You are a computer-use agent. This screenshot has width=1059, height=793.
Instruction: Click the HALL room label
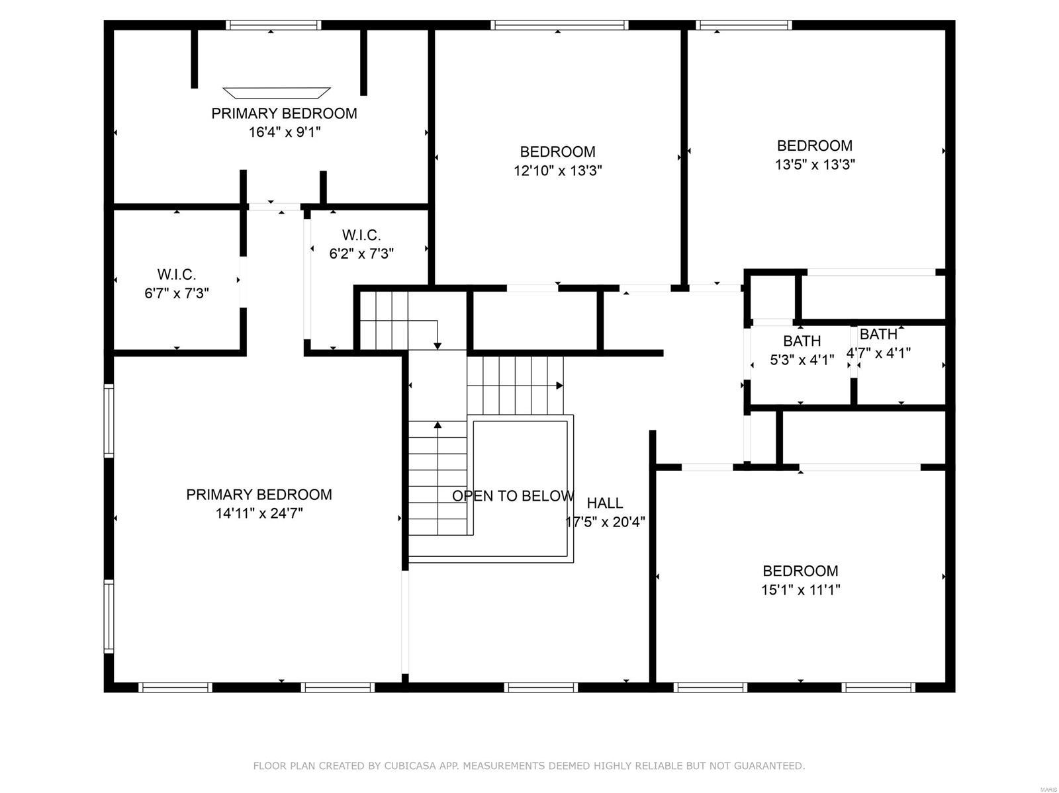click(604, 503)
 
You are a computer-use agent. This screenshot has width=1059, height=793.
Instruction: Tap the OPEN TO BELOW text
click(513, 496)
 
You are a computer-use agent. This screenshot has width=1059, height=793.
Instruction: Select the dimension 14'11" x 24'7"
click(259, 513)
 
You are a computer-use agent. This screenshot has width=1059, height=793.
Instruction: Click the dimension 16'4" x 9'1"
click(284, 132)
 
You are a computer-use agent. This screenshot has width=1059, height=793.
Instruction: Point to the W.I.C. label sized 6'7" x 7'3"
click(176, 274)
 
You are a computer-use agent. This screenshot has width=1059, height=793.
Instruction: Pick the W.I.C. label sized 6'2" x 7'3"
click(361, 235)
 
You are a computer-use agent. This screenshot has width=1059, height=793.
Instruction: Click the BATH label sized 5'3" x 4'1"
click(802, 341)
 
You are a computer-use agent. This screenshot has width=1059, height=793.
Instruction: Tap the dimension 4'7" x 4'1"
click(879, 353)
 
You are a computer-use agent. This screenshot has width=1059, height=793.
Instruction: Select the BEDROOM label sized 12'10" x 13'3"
click(557, 151)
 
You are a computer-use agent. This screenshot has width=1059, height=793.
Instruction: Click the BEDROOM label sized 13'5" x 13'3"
click(814, 146)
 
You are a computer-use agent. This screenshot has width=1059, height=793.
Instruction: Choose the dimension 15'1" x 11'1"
click(800, 590)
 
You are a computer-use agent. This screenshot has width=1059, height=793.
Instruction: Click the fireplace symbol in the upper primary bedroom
click(276, 92)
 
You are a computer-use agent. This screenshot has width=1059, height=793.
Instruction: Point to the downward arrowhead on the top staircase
click(437, 346)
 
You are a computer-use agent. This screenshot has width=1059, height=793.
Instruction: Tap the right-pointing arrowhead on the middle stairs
click(560, 386)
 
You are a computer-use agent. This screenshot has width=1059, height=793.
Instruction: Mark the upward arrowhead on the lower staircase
click(437, 425)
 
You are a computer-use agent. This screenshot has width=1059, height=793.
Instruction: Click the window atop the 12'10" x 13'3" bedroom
click(559, 25)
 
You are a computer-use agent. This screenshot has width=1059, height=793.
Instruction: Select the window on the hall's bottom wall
click(541, 688)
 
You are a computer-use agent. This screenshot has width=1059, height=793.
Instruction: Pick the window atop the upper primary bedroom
click(273, 25)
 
